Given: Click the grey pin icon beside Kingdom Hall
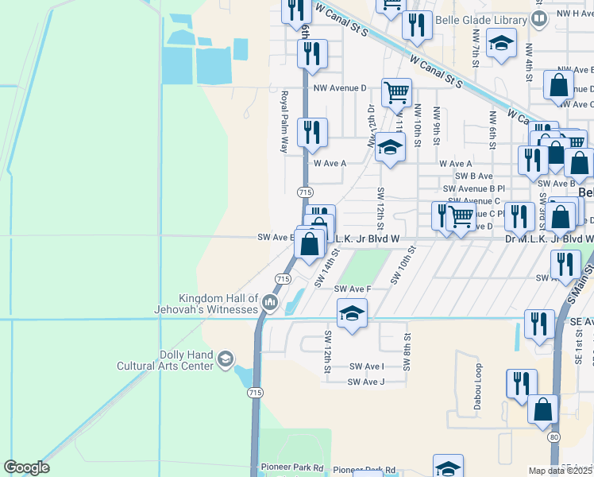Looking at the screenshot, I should (x=271, y=301).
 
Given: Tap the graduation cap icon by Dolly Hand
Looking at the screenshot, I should (x=226, y=360).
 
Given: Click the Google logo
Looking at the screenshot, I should (x=26, y=467).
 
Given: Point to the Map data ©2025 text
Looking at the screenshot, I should (x=560, y=471).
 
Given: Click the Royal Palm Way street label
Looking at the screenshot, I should (x=283, y=122).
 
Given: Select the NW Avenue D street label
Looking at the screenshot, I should (x=340, y=88).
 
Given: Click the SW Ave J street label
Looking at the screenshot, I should (x=366, y=382).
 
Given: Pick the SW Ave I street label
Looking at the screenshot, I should (x=366, y=366).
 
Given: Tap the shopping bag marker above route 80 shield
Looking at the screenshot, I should (x=543, y=409).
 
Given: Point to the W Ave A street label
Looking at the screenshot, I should (x=330, y=163).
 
